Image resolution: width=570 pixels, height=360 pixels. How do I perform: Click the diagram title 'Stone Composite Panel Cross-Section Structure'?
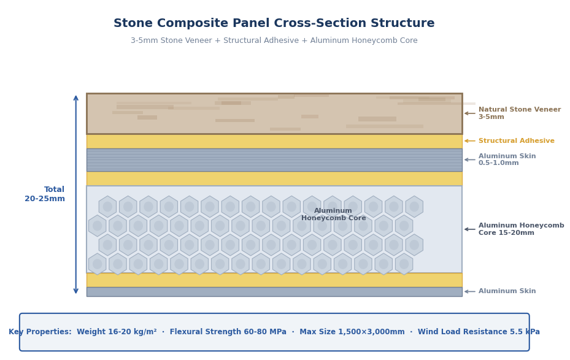coord(274,23)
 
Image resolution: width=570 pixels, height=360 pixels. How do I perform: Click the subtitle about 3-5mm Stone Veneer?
coord(274,40)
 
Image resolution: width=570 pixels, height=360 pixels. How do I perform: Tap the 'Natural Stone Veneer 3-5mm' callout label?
coord(519,113)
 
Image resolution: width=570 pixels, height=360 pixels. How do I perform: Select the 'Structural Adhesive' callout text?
coord(516,141)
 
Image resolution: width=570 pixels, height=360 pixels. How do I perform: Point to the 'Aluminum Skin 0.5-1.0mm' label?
coord(507,159)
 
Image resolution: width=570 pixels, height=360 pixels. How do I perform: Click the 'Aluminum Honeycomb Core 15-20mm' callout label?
coord(521,229)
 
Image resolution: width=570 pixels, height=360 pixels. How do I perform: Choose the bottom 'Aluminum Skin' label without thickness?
coord(507,291)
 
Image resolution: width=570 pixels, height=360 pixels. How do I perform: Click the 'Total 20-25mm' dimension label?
coord(45,194)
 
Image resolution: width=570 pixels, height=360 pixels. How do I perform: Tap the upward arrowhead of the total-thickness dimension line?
coord(76,98)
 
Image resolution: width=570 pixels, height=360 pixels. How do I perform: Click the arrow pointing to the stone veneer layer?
coord(469,113)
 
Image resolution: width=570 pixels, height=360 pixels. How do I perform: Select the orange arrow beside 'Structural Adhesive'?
coord(469,141)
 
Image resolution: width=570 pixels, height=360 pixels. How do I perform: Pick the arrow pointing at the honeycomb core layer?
coord(469,229)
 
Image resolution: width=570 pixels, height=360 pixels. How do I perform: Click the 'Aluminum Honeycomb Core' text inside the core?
coord(333,215)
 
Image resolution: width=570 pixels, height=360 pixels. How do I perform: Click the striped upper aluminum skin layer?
coord(274,159)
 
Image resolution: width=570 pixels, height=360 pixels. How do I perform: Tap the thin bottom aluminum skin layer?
coord(274,291)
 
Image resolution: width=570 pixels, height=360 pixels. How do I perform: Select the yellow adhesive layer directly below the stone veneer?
coord(274,141)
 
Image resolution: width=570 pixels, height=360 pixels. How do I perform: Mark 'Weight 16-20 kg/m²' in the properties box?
coord(117,332)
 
